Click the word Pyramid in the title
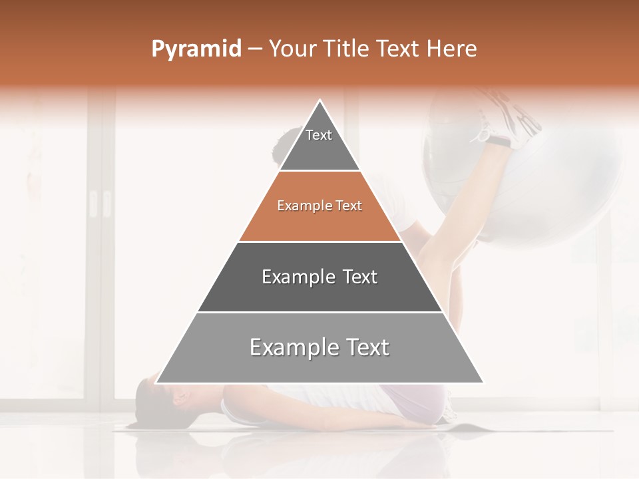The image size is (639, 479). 196,49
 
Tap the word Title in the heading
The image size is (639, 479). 349,49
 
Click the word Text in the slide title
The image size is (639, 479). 398,49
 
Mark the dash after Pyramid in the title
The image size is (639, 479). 255,49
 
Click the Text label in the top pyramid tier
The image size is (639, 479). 319,136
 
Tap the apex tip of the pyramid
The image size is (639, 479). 320,101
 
